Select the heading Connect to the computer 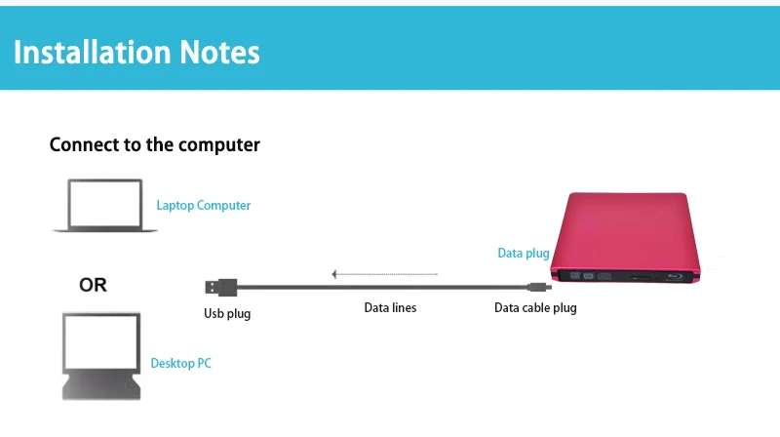click(x=154, y=145)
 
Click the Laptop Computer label click(x=203, y=206)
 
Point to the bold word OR click(x=93, y=286)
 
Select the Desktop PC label click(x=180, y=364)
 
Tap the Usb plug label click(x=227, y=314)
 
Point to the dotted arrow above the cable click(x=385, y=274)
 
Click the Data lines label click(x=390, y=308)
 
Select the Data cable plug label click(x=535, y=308)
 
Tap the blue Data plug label click(x=524, y=254)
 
